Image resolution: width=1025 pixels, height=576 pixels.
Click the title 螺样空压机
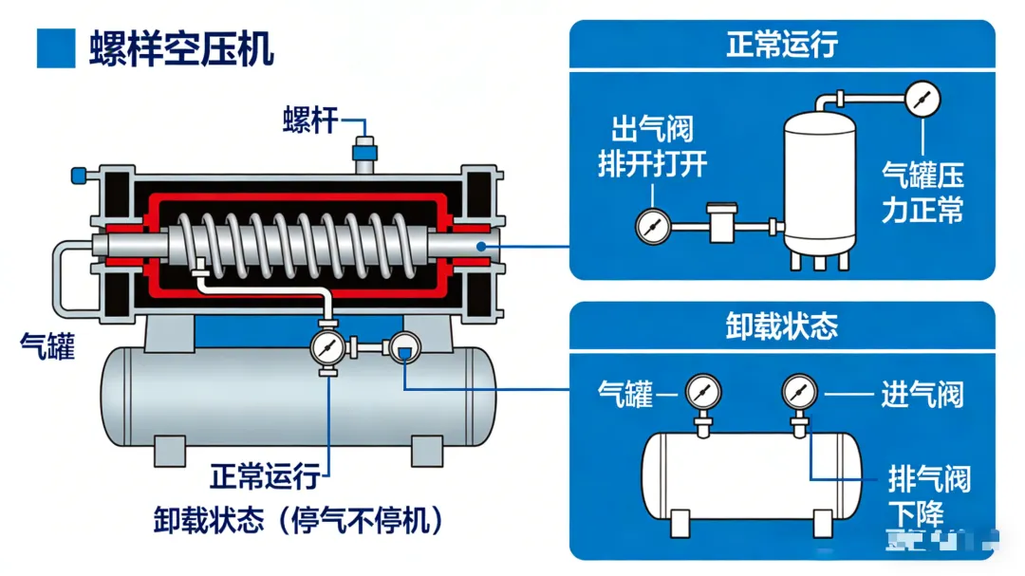point(181,47)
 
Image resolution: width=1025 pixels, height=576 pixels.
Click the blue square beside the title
point(55,48)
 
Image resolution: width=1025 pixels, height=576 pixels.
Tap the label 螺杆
point(309,121)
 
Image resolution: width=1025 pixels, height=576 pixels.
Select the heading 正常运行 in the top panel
point(782,45)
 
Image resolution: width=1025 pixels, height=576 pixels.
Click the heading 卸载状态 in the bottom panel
point(782,326)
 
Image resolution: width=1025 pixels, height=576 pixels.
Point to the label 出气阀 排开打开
point(653,147)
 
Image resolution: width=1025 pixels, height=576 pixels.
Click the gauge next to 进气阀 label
point(799,391)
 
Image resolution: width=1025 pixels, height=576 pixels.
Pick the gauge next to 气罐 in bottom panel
point(703,391)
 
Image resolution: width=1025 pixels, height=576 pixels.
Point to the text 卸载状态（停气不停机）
point(298,520)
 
